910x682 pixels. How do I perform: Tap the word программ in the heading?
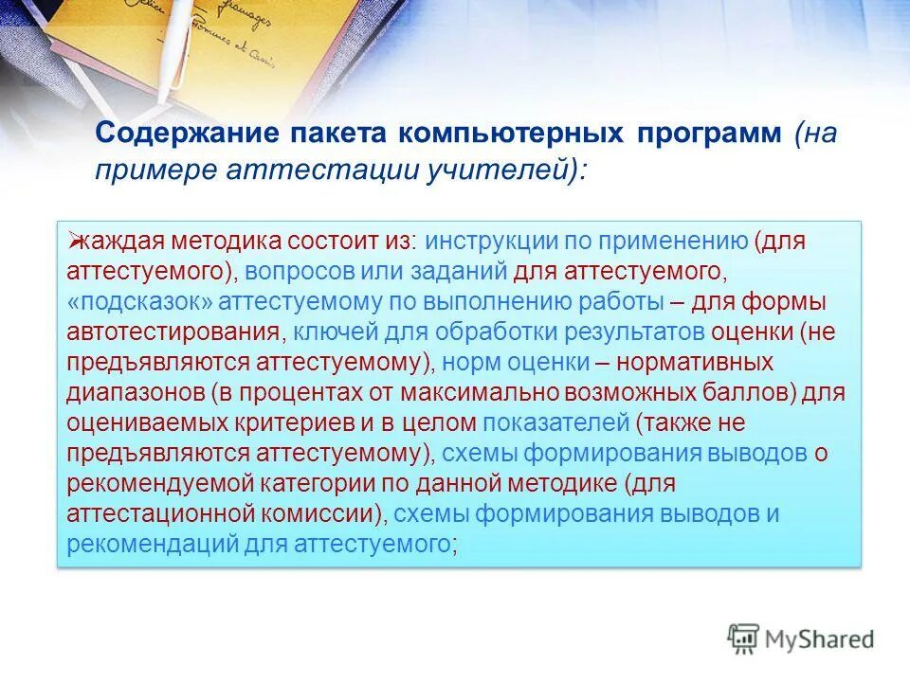(x=704, y=134)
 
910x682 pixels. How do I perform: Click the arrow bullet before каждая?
(x=73, y=242)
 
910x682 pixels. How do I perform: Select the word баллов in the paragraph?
(x=755, y=393)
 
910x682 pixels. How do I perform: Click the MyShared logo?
(x=801, y=639)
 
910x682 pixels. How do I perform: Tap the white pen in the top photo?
(x=179, y=47)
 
